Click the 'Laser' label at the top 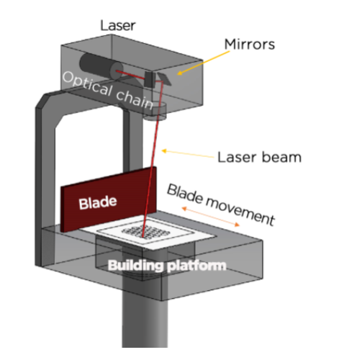pos(118,25)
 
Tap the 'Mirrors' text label pos(250,45)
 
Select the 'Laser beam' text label pos(259,157)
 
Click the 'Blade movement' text pos(221,204)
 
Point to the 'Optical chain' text pos(108,90)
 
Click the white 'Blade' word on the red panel pos(98,202)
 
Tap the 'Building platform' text pos(167,266)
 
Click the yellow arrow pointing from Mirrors pos(203,63)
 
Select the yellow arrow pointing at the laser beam pos(188,153)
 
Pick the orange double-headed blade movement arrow pos(211,217)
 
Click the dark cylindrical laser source pos(101,66)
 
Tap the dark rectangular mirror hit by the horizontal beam pos(150,79)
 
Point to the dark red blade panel pos(109,199)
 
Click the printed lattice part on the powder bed pos(146,232)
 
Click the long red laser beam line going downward pos(153,159)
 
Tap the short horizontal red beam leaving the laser pos(131,74)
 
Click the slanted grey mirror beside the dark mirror pos(164,79)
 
